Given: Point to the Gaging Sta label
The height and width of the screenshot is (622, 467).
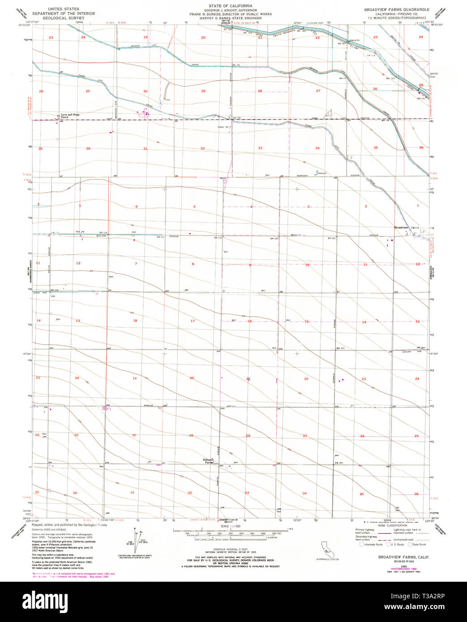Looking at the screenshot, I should click(355, 40).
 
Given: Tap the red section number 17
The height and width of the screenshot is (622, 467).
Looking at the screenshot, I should click(193, 321).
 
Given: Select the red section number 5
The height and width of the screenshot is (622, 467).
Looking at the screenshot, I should click(194, 206).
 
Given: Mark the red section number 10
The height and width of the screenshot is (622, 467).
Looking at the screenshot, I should click(307, 265).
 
